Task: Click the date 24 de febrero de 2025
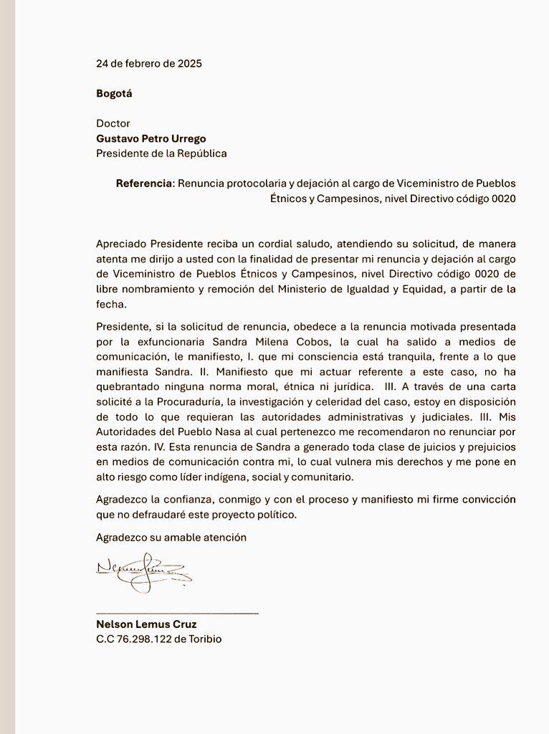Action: point(149,63)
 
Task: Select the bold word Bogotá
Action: point(114,93)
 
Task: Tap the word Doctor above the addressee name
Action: point(113,123)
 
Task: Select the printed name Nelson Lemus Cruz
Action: point(146,624)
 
